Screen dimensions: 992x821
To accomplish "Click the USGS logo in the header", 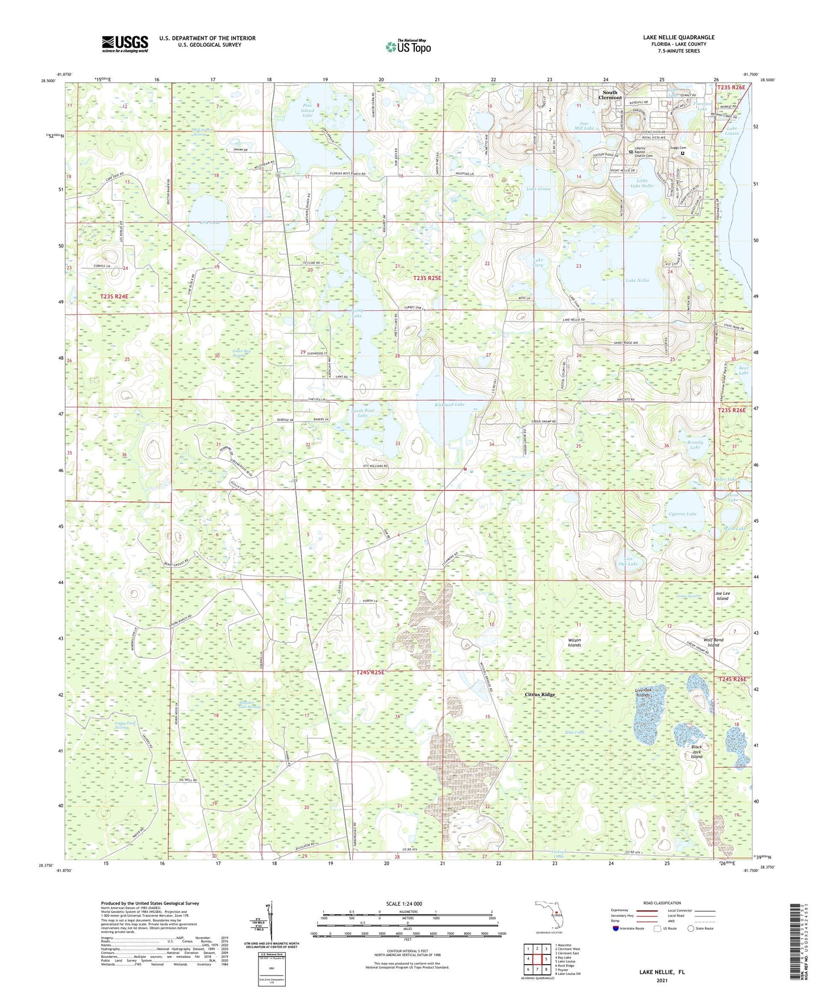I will pos(124,44).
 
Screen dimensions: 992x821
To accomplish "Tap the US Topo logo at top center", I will pos(407,47).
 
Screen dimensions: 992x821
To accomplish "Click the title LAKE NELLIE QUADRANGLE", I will pos(678,37).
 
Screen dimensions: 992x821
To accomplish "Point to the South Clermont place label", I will pos(610,95).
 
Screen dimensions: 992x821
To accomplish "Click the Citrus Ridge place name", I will pos(539,695).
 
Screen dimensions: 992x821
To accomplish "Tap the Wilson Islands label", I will pos(574,643).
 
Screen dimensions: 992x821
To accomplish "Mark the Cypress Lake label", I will pos(682,514).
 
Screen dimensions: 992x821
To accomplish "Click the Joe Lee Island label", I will pos(722,595).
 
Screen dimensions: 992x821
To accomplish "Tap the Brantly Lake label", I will pos(695,445).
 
